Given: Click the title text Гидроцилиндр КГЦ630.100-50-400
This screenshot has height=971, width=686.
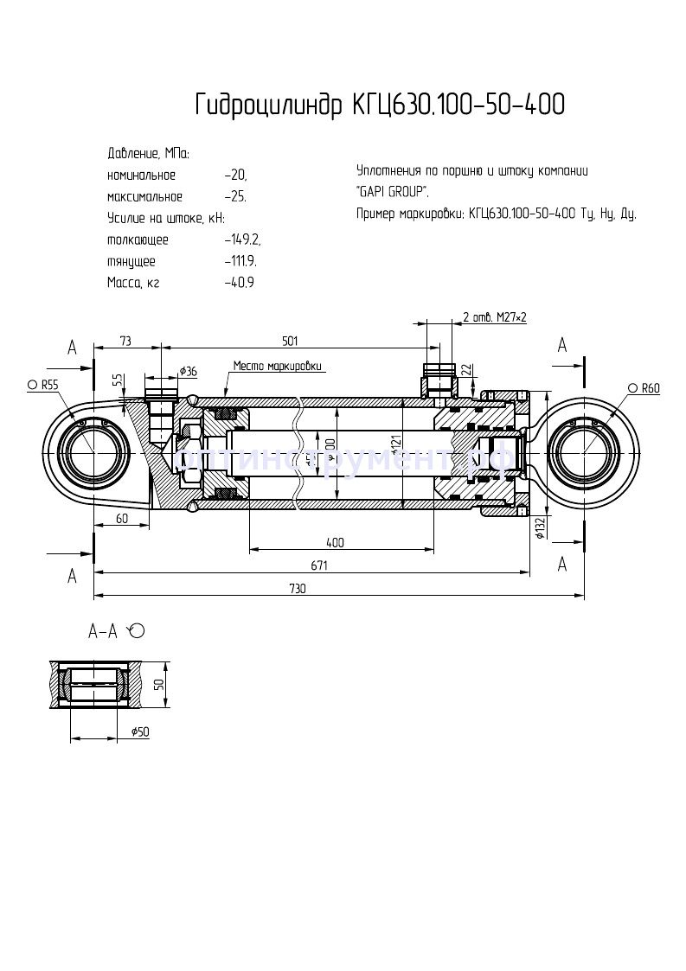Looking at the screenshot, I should click(380, 105).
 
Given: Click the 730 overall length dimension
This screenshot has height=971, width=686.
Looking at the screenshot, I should click(297, 588).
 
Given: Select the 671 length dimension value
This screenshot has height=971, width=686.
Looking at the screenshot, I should click(319, 565).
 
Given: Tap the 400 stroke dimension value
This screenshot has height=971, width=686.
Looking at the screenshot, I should click(336, 542).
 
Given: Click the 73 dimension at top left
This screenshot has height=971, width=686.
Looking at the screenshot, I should click(125, 340).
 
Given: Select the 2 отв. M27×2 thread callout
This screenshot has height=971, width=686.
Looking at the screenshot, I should click(495, 317).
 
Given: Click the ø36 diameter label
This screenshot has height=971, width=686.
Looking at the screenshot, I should click(188, 371).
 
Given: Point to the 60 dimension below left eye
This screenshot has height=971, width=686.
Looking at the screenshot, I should click(120, 518).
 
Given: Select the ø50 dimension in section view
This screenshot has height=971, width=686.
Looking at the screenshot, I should click(140, 731).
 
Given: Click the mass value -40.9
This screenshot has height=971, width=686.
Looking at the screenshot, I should click(240, 283).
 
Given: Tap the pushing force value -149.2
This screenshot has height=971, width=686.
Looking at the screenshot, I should click(242, 240).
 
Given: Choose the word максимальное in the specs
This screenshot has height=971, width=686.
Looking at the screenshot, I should click(144, 196).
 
